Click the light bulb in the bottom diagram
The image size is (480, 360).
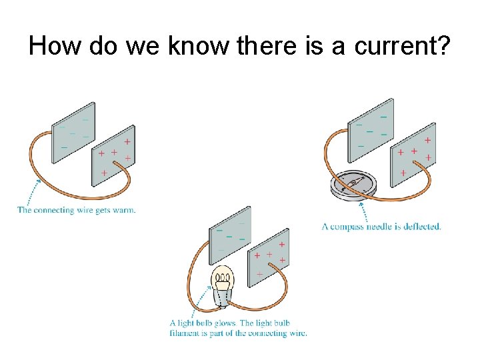click(222, 283)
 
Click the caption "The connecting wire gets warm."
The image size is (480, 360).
click(77, 210)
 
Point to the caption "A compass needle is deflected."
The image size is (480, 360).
click(381, 227)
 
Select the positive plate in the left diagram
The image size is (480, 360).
click(113, 155)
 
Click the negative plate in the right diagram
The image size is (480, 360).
click(371, 129)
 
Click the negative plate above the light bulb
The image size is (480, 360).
click(231, 233)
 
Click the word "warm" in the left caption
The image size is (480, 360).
click(123, 210)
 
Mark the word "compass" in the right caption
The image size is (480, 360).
click(349, 227)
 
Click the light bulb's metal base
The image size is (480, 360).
click(221, 297)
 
